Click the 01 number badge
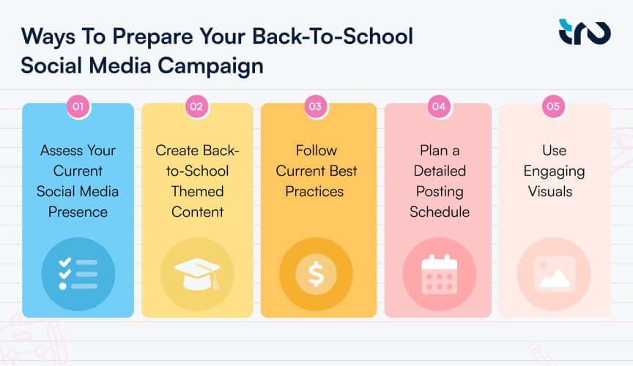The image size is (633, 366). tap(78, 107)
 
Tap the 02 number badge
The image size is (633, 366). tap(196, 107)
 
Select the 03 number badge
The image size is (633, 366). tap(315, 107)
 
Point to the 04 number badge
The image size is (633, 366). tap(439, 107)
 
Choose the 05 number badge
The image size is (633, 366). tap(554, 107)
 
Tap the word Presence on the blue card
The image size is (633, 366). tap(78, 212)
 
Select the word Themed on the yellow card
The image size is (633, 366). tap(196, 192)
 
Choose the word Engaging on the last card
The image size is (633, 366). tap(554, 171)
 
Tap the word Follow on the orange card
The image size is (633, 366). tap(316, 151)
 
